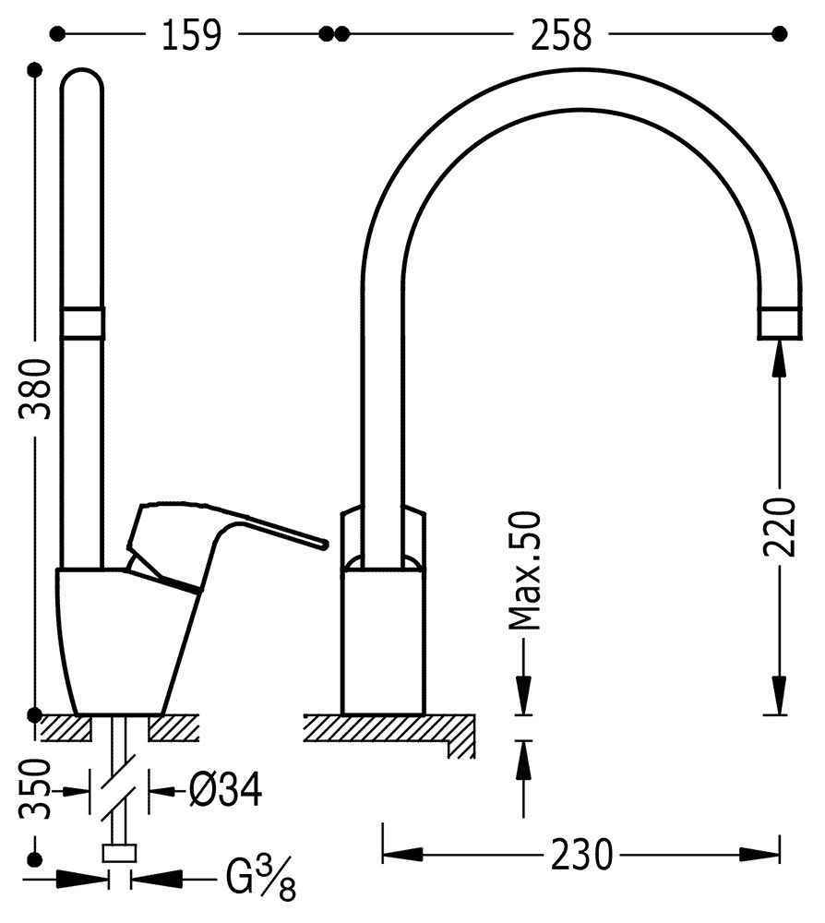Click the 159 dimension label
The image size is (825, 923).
click(191, 35)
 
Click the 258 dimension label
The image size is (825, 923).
click(561, 35)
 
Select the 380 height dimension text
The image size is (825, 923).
click(35, 389)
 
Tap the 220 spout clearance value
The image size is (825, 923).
click(779, 527)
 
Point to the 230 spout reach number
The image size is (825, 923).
click(581, 855)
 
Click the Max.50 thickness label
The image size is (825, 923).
click(524, 571)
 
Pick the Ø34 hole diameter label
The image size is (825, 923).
click(225, 790)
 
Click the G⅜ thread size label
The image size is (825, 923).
click(260, 880)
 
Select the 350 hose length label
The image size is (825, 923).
click(35, 789)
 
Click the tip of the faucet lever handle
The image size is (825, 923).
click(324, 543)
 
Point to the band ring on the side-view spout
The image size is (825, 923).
click(82, 323)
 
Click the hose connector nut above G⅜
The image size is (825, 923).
click(119, 853)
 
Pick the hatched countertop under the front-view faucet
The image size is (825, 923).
click(389, 730)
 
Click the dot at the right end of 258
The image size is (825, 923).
click(779, 34)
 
